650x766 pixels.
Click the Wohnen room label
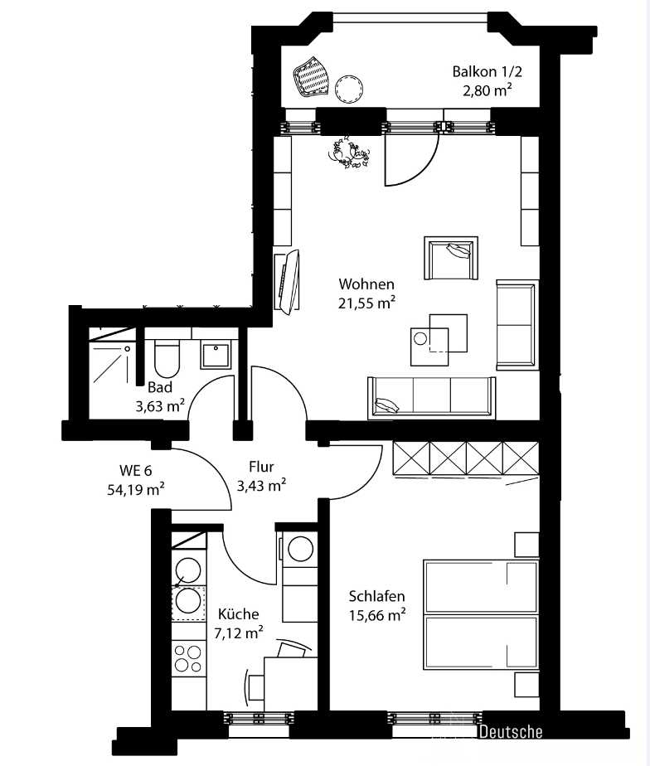tap(366, 284)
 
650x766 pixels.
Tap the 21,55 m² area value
tap(366, 303)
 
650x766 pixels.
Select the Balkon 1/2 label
tap(487, 72)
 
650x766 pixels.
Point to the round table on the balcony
tap(349, 89)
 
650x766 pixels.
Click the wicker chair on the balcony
tap(311, 77)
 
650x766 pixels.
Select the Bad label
tap(160, 387)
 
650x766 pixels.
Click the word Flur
tap(261, 467)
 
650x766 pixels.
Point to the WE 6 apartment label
tap(136, 471)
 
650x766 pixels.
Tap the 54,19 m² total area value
tap(136, 489)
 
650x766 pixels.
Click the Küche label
tap(239, 614)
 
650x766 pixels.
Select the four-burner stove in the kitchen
tap(189, 658)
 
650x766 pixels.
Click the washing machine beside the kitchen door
tap(300, 557)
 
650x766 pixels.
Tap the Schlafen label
tap(376, 597)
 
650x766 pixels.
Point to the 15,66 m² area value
tap(377, 615)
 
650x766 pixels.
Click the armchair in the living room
tap(450, 258)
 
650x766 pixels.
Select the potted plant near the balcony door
tap(349, 153)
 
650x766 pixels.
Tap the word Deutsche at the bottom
tap(511, 732)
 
